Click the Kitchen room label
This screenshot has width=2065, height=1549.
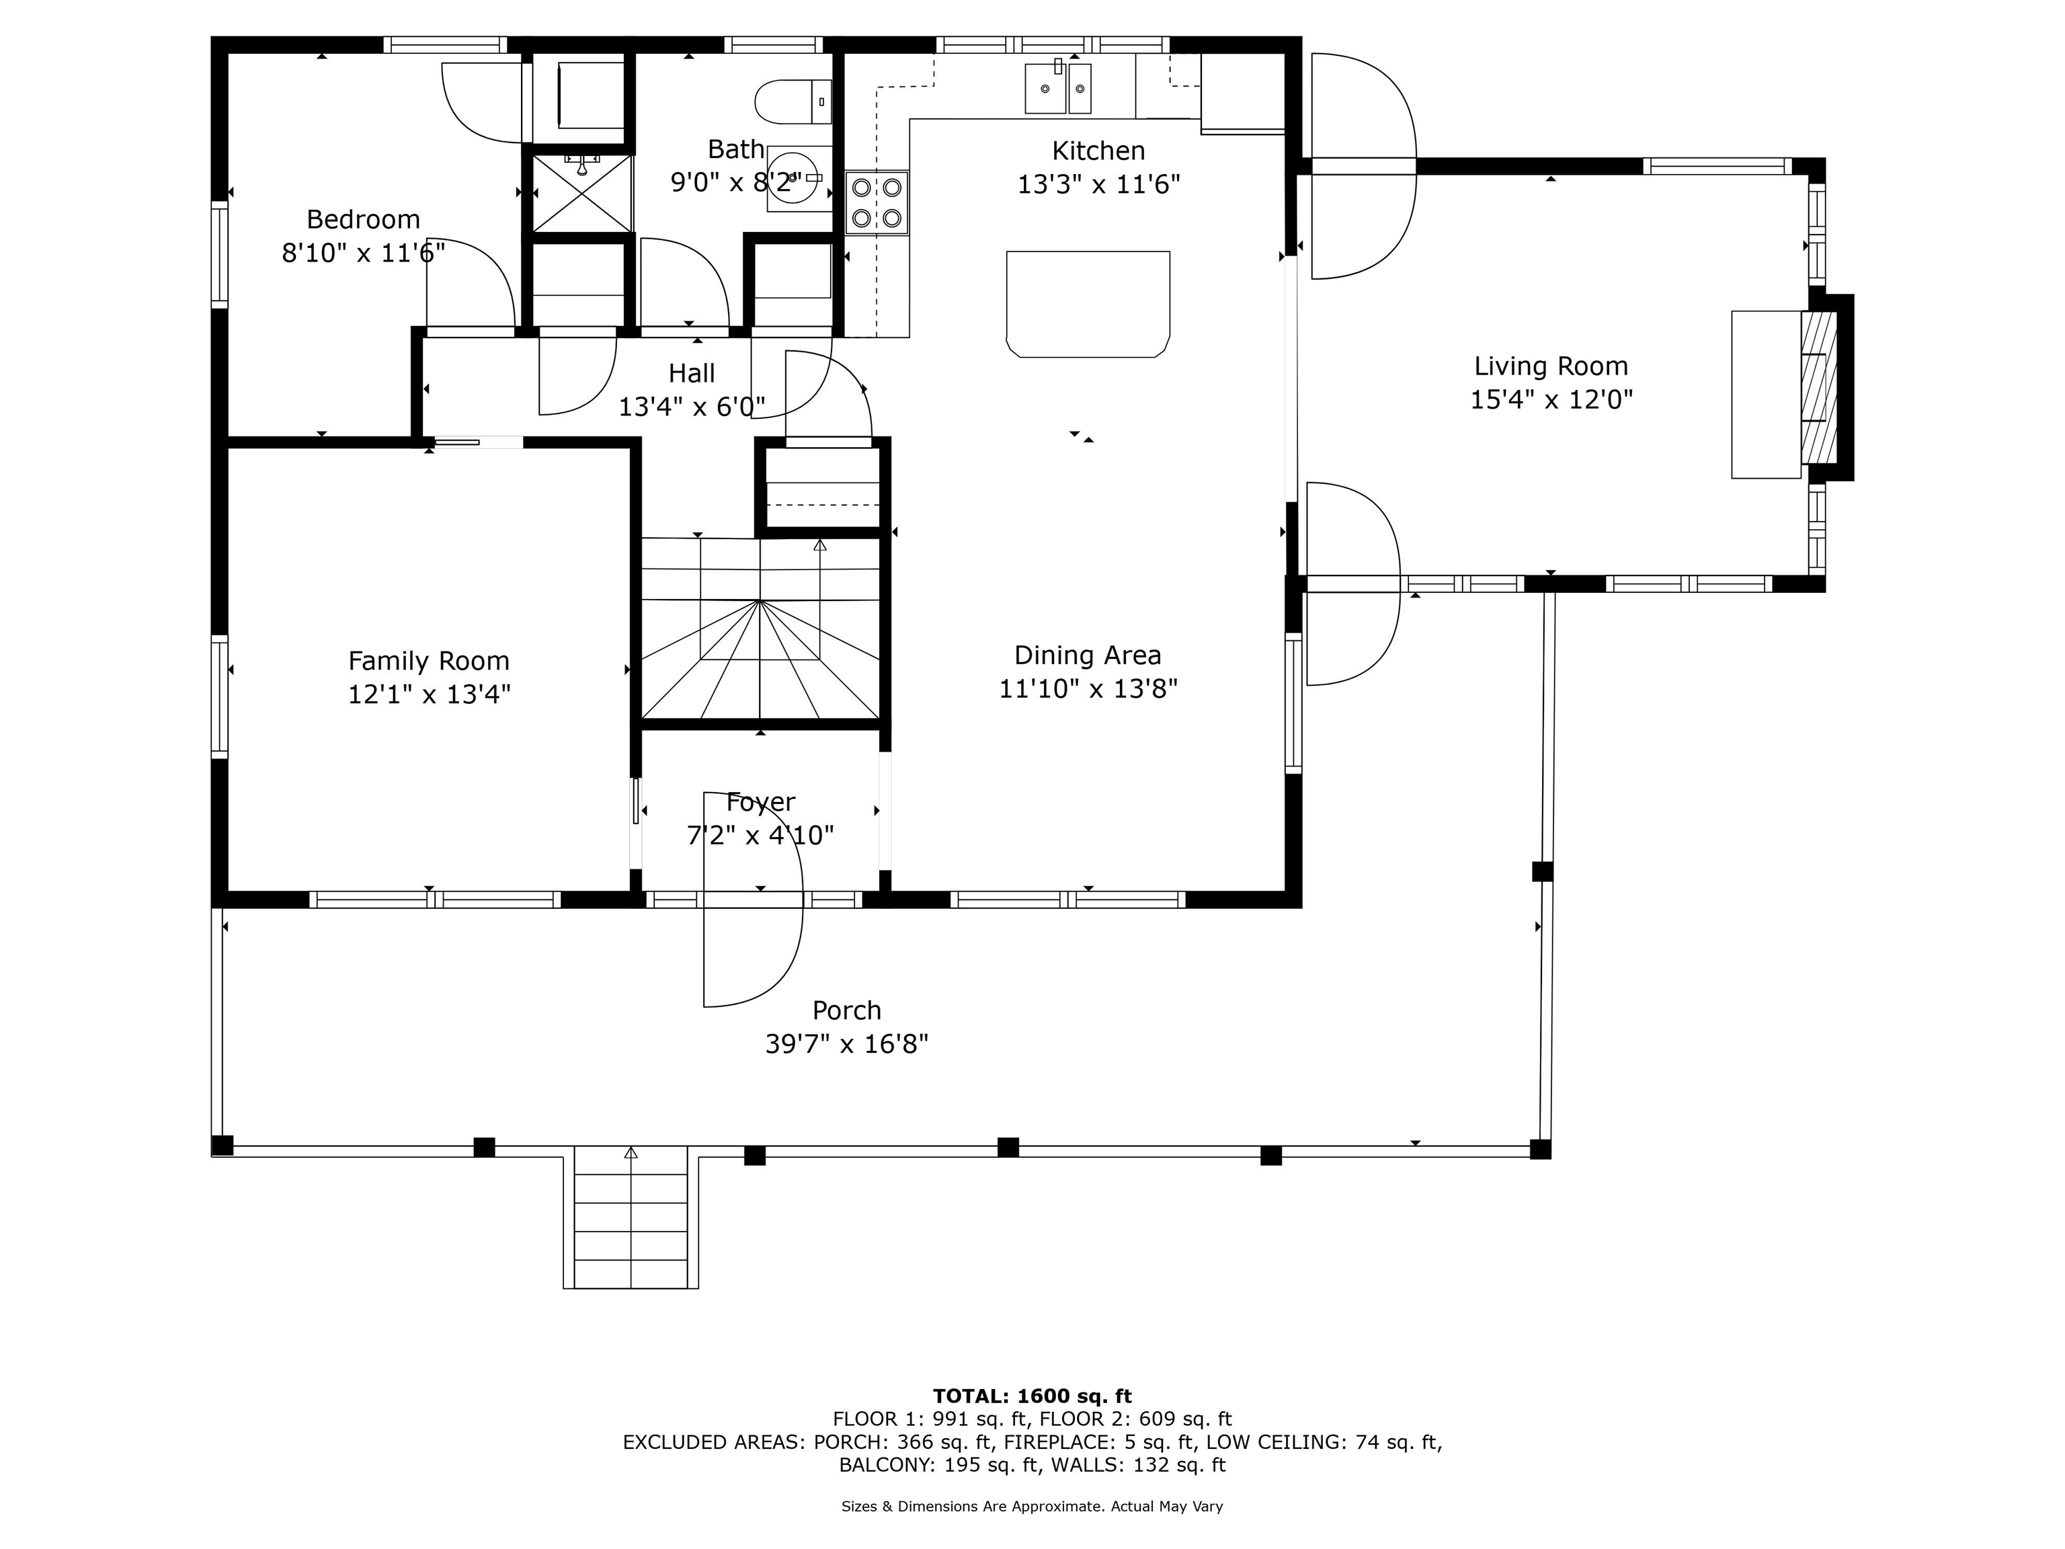[1098, 151]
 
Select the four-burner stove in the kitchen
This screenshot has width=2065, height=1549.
[877, 202]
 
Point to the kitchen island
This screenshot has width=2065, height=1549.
[1088, 303]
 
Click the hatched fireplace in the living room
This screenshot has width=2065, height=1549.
[1818, 387]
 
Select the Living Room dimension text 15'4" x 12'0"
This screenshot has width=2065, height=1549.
[1551, 399]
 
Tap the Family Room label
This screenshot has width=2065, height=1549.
[428, 661]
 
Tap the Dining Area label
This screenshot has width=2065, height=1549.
[1088, 656]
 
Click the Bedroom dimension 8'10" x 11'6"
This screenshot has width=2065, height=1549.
[363, 252]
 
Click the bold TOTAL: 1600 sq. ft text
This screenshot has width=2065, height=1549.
[1032, 1396]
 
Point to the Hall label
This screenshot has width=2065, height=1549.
[691, 374]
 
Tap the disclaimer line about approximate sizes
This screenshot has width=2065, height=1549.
[1032, 1506]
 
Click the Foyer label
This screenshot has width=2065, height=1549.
[760, 802]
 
